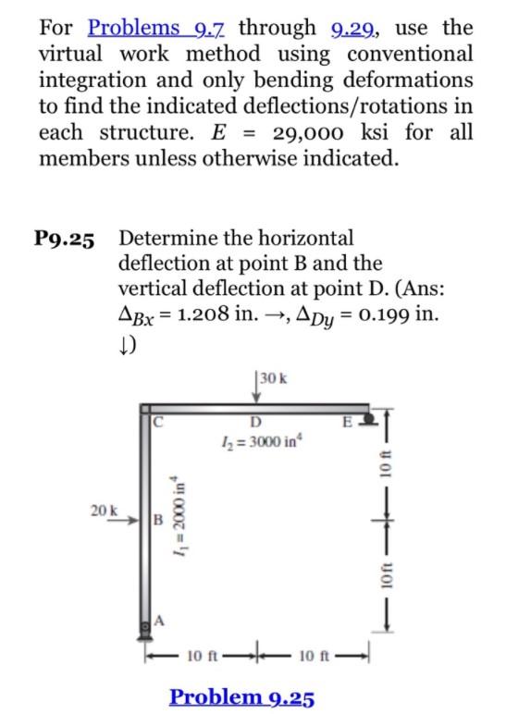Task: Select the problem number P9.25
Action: [65, 240]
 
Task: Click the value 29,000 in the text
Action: [314, 130]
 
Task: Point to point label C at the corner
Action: [159, 423]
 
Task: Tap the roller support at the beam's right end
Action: [364, 418]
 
